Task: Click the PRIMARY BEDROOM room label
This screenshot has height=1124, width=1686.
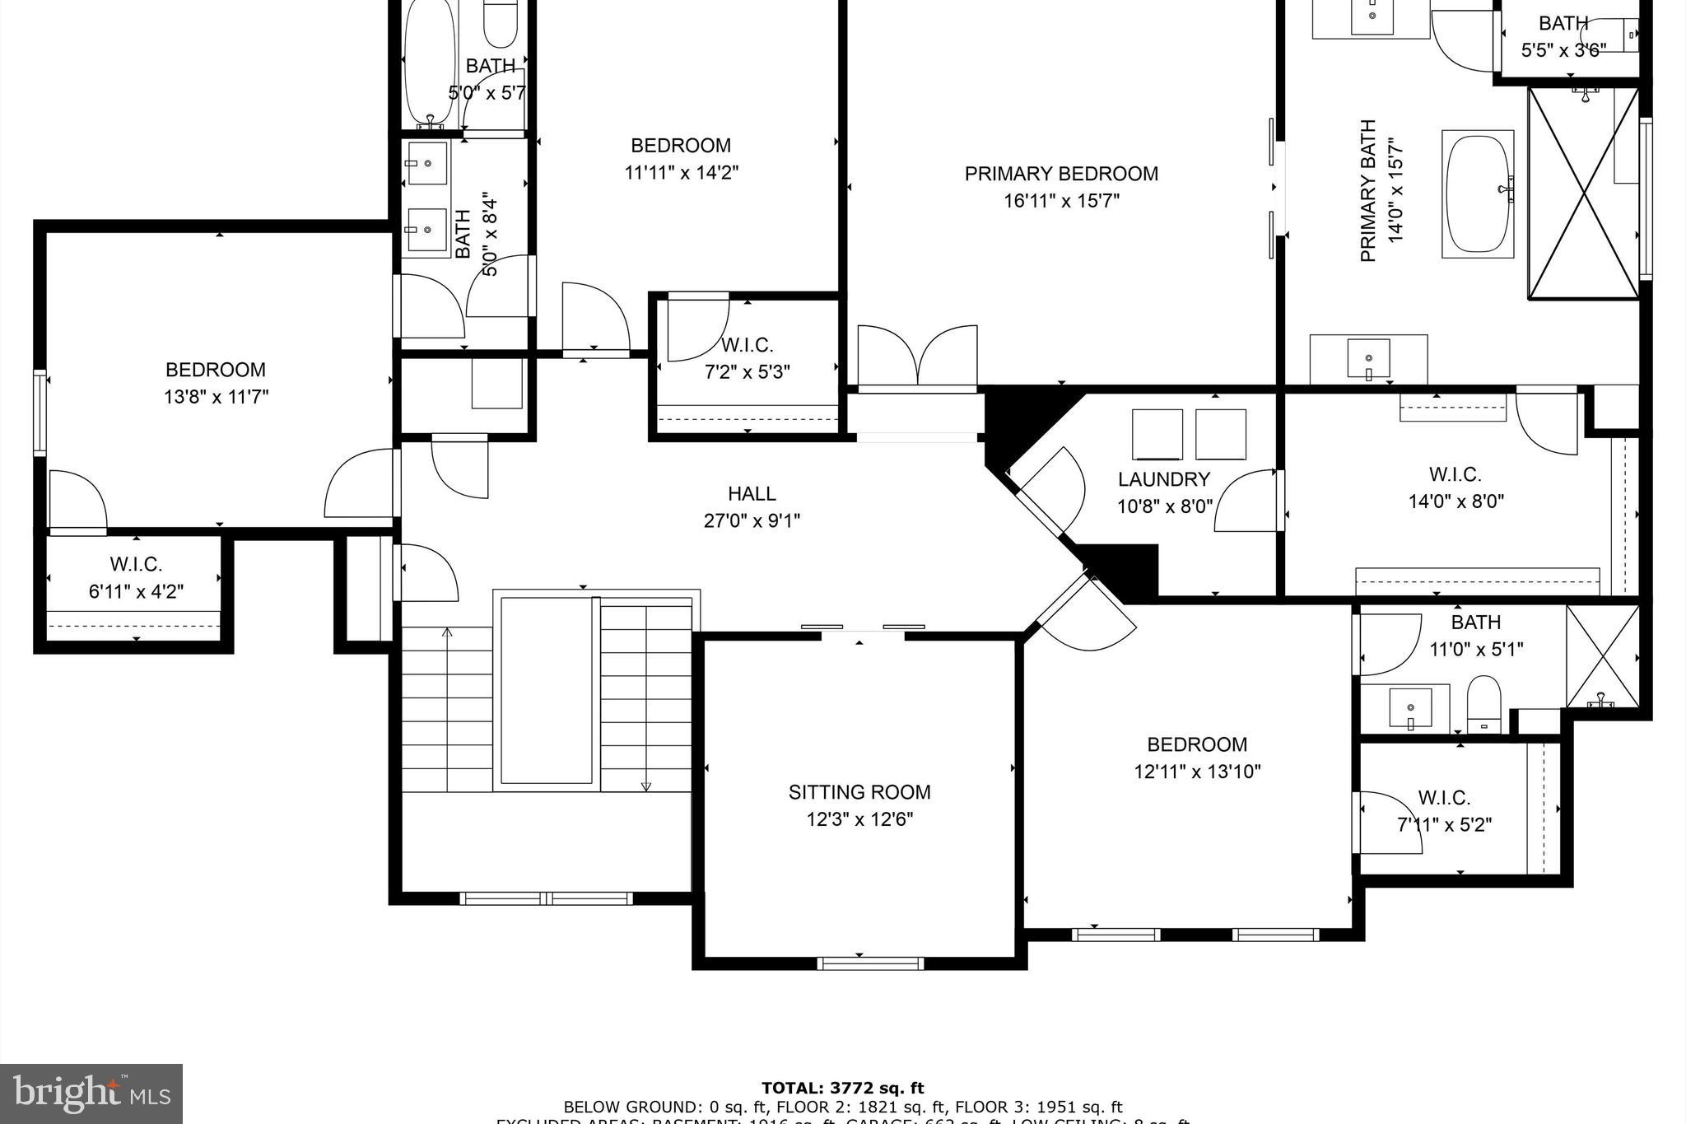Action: [x=1061, y=174]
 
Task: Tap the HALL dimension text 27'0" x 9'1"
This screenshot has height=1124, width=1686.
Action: [x=752, y=520]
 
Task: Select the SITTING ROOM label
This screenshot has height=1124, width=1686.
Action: [x=859, y=792]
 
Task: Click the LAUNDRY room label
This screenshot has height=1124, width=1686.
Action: [x=1164, y=479]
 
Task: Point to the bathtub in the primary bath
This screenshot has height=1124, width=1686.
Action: [x=1479, y=194]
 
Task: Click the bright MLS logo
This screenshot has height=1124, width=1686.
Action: [x=91, y=1094]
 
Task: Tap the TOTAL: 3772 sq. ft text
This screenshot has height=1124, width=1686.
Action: [x=842, y=1089]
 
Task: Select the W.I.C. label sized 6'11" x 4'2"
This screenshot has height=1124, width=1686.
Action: [x=136, y=565]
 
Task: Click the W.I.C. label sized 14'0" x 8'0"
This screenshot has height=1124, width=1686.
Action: [x=1455, y=475]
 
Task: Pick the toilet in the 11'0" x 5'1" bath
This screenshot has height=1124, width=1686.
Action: [x=1483, y=705]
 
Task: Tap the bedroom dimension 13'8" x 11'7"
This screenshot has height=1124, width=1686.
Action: [x=216, y=397]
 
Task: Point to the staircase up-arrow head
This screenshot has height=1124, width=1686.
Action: [x=447, y=632]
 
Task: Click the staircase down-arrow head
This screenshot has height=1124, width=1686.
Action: [x=646, y=786]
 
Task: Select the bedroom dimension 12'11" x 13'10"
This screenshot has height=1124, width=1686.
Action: [x=1197, y=772]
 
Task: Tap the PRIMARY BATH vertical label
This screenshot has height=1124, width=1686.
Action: [x=1368, y=191]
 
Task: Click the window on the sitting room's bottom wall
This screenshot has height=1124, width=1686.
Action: [x=870, y=963]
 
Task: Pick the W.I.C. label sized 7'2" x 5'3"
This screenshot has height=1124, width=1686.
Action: [x=747, y=345]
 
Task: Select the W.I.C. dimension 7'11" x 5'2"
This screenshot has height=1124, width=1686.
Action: [x=1444, y=824]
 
